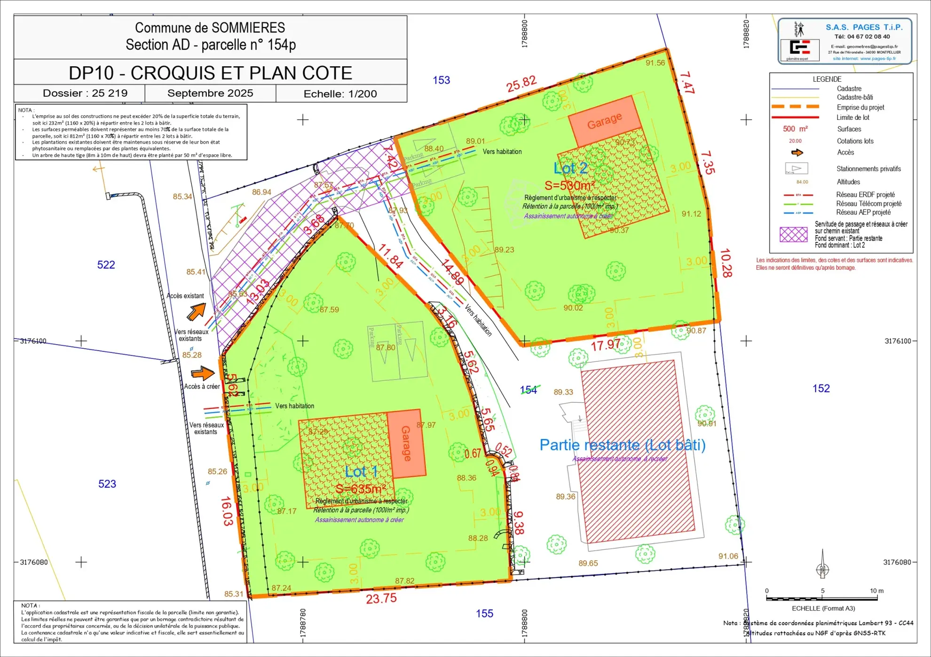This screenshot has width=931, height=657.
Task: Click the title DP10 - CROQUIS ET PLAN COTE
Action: [x=210, y=73]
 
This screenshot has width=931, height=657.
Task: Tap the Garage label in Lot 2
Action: [x=604, y=120]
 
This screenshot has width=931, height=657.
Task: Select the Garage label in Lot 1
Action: [x=406, y=443]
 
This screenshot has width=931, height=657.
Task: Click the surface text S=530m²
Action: [x=569, y=186]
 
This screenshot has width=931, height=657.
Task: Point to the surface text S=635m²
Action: [x=360, y=489]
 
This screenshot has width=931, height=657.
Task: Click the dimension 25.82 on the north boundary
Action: [x=521, y=84]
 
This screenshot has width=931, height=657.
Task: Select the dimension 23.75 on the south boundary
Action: [x=381, y=599]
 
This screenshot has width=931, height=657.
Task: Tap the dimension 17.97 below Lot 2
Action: [x=606, y=345]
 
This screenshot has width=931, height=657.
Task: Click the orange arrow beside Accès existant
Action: [x=197, y=311]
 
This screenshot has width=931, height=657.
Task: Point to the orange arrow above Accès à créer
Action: [x=203, y=373]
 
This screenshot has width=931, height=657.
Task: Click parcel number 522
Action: [x=106, y=265]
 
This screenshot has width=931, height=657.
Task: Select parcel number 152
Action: [x=821, y=388]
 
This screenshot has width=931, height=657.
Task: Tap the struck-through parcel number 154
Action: [x=529, y=390]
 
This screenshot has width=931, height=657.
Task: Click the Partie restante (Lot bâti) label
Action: [x=622, y=445]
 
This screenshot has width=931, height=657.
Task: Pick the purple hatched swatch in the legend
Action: [x=793, y=235]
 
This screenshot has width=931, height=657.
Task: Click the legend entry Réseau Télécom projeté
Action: [x=868, y=203]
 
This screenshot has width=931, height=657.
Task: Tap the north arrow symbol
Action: [x=822, y=564]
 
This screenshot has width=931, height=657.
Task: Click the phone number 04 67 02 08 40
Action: [x=862, y=37]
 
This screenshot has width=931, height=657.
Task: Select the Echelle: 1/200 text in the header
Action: [x=340, y=94]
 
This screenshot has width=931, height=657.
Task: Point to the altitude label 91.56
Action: [x=655, y=63]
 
